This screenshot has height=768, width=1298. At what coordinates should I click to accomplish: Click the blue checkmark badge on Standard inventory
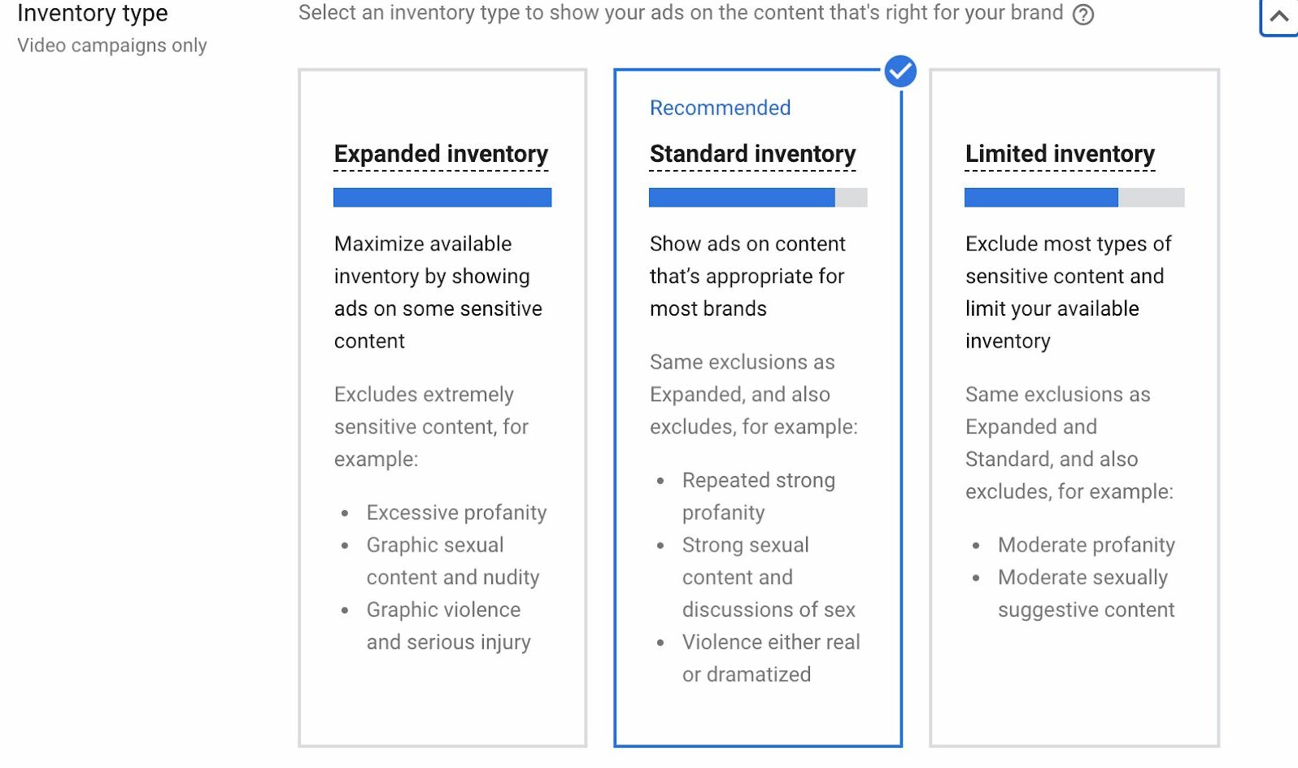[900, 72]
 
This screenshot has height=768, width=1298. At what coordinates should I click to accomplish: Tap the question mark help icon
[1082, 15]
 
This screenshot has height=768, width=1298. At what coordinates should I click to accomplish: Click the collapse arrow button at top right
[1278, 16]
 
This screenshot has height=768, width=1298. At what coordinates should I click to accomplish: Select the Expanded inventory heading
[441, 154]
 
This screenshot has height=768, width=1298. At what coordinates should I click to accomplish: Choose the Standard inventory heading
[752, 154]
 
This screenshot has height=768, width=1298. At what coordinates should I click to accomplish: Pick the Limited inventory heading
[1060, 154]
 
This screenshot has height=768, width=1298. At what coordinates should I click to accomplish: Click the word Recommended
[720, 108]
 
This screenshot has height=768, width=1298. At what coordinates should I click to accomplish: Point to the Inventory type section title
[93, 13]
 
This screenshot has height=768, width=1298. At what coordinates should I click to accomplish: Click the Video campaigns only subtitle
[112, 46]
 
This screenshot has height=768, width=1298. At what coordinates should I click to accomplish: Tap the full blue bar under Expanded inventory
[442, 197]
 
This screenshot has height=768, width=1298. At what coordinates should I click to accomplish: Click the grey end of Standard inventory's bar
[852, 197]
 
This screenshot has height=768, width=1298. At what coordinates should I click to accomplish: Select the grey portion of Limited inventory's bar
[1152, 197]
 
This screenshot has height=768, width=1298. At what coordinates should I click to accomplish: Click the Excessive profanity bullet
[456, 513]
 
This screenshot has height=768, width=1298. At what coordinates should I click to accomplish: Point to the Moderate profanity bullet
[1086, 545]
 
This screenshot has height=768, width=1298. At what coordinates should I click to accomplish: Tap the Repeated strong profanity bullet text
[759, 496]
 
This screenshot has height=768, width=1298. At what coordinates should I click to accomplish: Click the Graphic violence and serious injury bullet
[448, 626]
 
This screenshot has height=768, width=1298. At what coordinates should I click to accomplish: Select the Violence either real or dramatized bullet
[771, 658]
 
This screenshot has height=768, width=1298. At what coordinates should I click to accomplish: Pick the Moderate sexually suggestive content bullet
[1086, 594]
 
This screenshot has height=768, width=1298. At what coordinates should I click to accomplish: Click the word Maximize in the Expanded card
[377, 244]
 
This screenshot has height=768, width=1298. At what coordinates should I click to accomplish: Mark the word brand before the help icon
[1037, 13]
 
